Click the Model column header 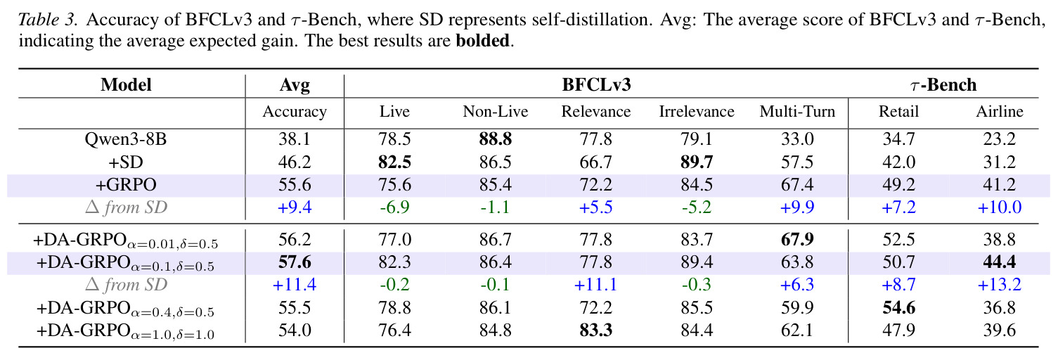tap(126, 85)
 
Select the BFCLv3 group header tap(596, 85)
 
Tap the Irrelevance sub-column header tap(697, 112)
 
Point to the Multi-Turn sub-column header tap(797, 112)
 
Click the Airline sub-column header tap(1000, 112)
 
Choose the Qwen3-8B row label tap(126, 140)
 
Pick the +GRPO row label tap(126, 185)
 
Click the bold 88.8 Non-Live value tap(496, 139)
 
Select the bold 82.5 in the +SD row tap(394, 162)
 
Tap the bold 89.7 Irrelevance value tap(697, 162)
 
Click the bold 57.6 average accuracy tap(295, 262)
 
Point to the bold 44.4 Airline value tap(1000, 262)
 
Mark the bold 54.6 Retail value tap(899, 308)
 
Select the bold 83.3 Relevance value tap(596, 330)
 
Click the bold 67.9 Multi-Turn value tap(797, 240)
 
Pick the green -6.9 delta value tap(394, 207)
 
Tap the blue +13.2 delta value tap(1000, 285)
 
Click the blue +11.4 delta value tap(295, 285)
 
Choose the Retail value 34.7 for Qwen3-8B tap(899, 139)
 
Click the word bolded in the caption tap(482, 41)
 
